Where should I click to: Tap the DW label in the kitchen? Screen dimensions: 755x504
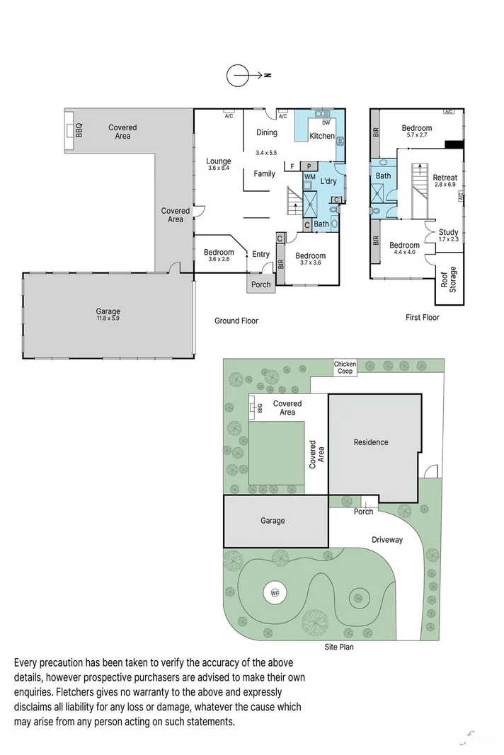pos(326,122)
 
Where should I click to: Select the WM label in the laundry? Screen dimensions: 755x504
pos(309,176)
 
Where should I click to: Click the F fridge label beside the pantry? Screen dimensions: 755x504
pos(292,166)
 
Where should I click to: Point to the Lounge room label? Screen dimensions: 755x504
pos(219,161)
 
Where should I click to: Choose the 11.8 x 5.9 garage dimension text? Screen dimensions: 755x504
pos(108,319)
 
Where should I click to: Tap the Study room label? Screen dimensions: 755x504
pos(448,232)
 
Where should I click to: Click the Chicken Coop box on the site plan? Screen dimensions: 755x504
pos(345,368)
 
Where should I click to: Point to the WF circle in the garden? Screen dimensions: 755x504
pos(274,593)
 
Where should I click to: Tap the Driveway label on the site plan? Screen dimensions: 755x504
pos(387,539)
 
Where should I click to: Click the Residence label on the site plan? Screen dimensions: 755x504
pos(372,442)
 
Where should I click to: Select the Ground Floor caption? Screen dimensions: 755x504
pos(236,321)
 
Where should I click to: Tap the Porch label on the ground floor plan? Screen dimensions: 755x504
pos(260,285)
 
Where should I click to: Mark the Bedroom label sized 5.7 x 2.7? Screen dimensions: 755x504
pos(416,128)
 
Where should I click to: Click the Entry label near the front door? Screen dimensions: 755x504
pos(260,255)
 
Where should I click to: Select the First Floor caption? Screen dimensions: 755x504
pos(422,318)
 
